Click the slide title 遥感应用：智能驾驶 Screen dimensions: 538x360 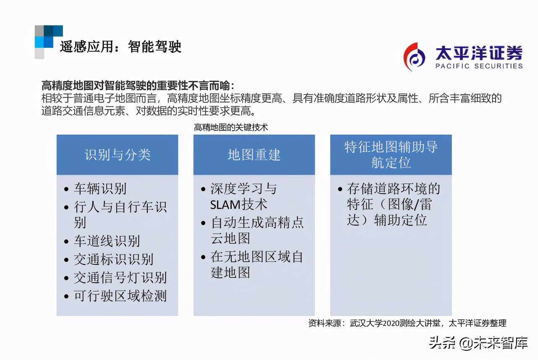(120, 46)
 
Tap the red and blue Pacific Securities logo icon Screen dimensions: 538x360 (414, 57)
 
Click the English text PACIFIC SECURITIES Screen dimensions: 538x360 (479, 66)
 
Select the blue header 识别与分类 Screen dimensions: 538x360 (118, 155)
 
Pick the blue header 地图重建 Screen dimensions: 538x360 (254, 155)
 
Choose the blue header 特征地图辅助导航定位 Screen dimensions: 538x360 (391, 155)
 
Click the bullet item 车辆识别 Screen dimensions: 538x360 (100, 188)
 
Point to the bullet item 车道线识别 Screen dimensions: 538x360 (107, 241)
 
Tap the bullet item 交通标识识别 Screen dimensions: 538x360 (113, 259)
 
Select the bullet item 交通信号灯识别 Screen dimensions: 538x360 (120, 278)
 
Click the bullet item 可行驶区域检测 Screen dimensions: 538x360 (120, 296)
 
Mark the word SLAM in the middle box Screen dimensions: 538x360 (225, 205)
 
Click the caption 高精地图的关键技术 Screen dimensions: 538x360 (231, 127)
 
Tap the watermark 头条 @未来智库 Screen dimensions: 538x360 (478, 343)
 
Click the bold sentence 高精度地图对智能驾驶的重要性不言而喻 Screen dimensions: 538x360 (136, 86)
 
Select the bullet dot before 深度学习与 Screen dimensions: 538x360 (203, 189)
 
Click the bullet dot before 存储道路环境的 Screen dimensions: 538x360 (340, 189)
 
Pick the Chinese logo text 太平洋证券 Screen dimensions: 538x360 (479, 53)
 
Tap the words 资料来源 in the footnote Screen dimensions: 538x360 (325, 323)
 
